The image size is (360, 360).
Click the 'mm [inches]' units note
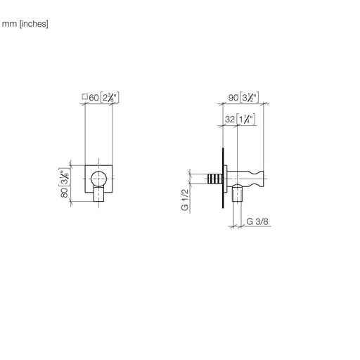click(25, 24)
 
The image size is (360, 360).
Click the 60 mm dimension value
click(94, 98)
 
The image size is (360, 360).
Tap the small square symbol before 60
click(85, 96)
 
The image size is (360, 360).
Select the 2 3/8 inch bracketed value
click(110, 98)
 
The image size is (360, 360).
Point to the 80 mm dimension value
click(65, 193)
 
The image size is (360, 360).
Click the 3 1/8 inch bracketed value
click(64, 177)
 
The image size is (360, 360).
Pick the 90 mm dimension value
click(233, 98)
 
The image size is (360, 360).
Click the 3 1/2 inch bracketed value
click(250, 98)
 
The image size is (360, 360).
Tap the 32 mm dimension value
click(230, 120)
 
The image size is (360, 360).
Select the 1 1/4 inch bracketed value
click(245, 120)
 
